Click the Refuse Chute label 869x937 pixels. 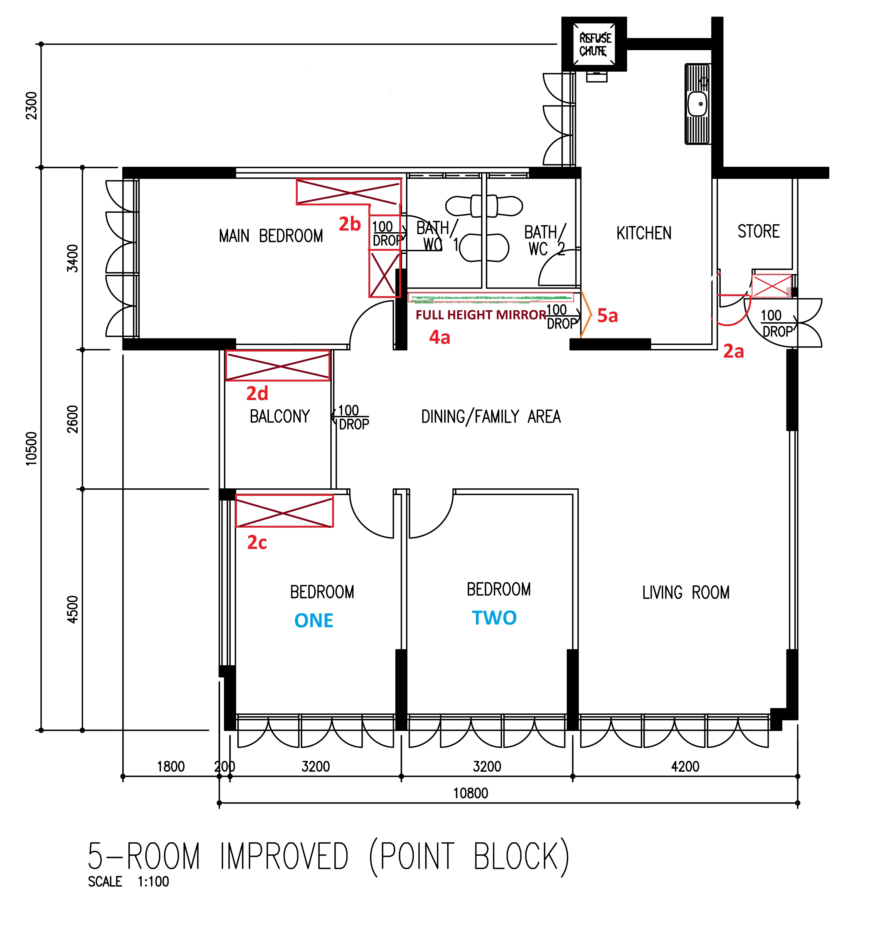(x=595, y=45)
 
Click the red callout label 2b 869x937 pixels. (x=350, y=224)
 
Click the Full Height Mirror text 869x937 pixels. (x=481, y=315)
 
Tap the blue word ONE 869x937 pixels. (x=314, y=621)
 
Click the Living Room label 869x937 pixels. (x=686, y=593)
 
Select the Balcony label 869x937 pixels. (x=280, y=416)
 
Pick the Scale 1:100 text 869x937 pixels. (x=128, y=881)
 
